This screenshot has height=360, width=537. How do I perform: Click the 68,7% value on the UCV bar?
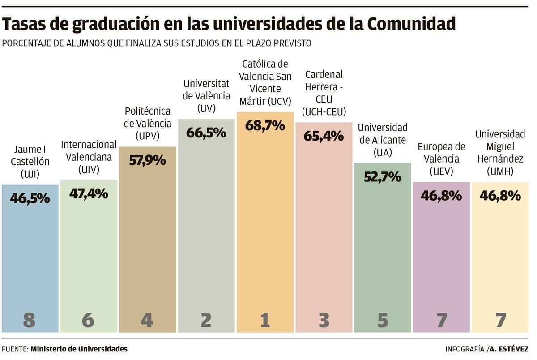(x=265, y=125)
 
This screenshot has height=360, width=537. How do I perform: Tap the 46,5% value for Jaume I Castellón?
(x=30, y=198)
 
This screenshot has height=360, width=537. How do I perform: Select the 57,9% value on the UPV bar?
(x=147, y=160)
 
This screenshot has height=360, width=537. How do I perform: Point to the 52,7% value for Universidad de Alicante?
(x=382, y=177)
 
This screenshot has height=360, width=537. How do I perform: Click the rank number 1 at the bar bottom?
(x=265, y=320)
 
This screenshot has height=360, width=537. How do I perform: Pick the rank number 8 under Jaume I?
(x=30, y=320)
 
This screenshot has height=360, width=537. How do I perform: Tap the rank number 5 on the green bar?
(x=383, y=320)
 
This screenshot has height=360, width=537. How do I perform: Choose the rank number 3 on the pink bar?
(x=324, y=320)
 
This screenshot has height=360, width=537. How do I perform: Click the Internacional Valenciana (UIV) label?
(x=89, y=157)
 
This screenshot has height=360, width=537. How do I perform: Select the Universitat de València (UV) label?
(x=206, y=96)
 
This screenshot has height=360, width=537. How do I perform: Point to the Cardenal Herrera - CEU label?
(x=324, y=93)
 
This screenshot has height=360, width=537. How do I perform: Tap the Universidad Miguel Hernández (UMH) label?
(x=500, y=153)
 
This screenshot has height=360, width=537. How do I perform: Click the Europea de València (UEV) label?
(x=441, y=159)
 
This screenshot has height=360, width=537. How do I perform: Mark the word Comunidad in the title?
(x=412, y=24)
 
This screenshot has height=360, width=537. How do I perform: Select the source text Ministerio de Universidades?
(x=79, y=349)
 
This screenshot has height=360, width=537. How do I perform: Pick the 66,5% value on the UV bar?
(x=206, y=133)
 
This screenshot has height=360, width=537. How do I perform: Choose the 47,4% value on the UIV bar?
(x=89, y=193)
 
